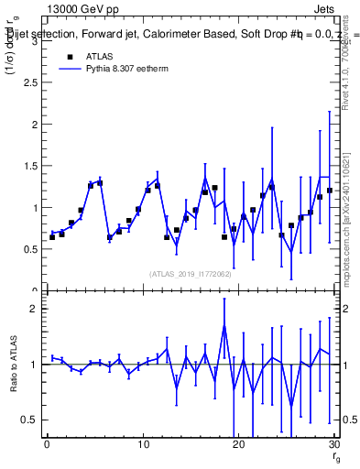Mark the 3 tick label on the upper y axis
click(x=33, y=41)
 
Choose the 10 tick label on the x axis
click(x=143, y=444)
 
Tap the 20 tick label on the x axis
click(x=238, y=444)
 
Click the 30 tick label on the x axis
click(x=333, y=444)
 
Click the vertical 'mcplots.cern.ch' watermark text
click(x=347, y=229)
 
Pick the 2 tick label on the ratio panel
click(x=33, y=309)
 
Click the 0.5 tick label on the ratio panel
click(x=29, y=420)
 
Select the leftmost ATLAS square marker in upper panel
click(x=52, y=236)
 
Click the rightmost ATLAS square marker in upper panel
click(x=329, y=191)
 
